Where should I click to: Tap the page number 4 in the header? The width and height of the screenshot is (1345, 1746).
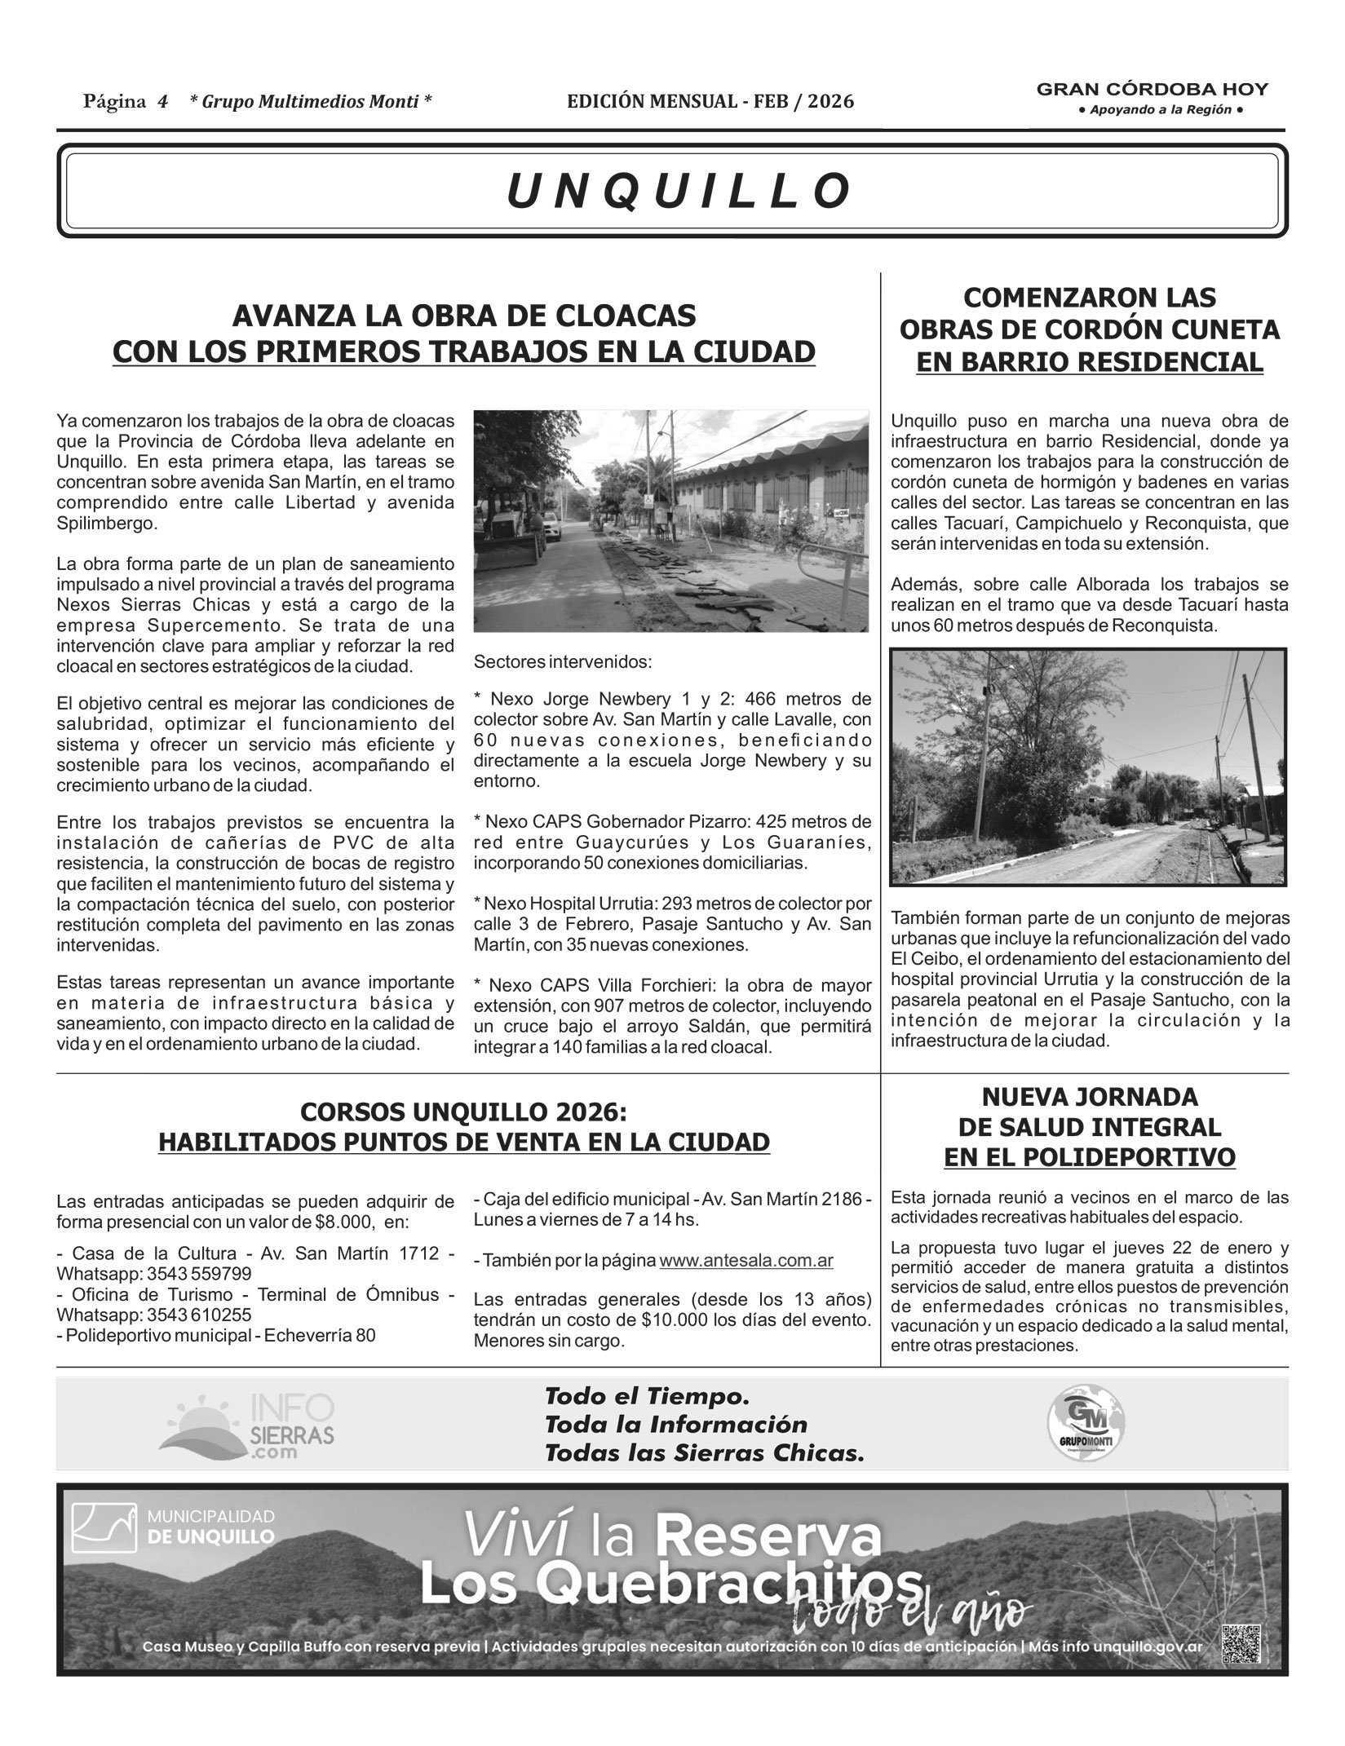(163, 102)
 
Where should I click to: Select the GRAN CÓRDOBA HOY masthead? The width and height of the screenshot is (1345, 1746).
(1152, 90)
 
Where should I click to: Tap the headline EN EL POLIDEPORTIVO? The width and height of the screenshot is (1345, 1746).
(1089, 1157)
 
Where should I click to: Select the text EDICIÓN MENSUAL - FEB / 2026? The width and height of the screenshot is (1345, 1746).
(710, 101)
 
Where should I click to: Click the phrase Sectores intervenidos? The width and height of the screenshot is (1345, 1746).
(563, 661)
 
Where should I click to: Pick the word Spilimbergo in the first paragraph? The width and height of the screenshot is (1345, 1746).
(107, 523)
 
